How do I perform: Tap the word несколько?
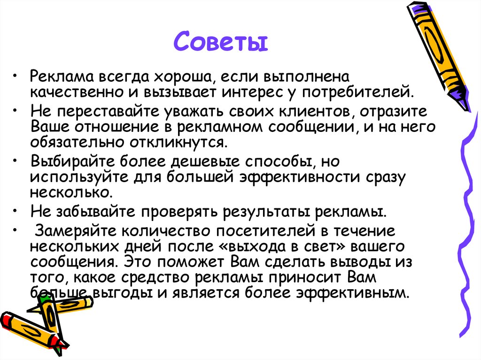[70, 192]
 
